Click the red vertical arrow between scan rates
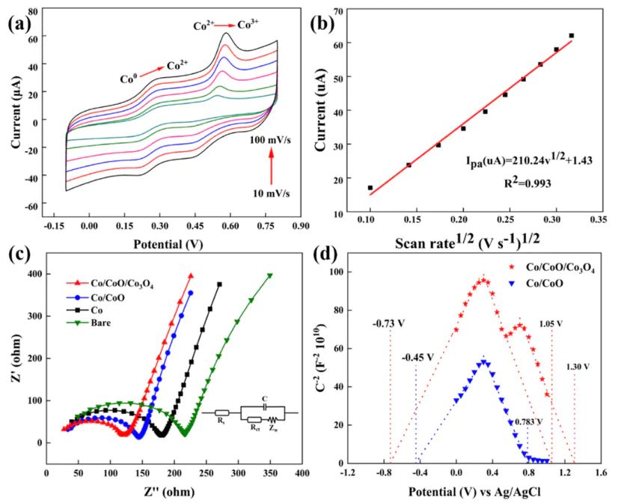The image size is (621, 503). point(272,167)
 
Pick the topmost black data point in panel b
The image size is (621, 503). point(571,35)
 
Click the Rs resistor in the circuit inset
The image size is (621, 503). point(221,412)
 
